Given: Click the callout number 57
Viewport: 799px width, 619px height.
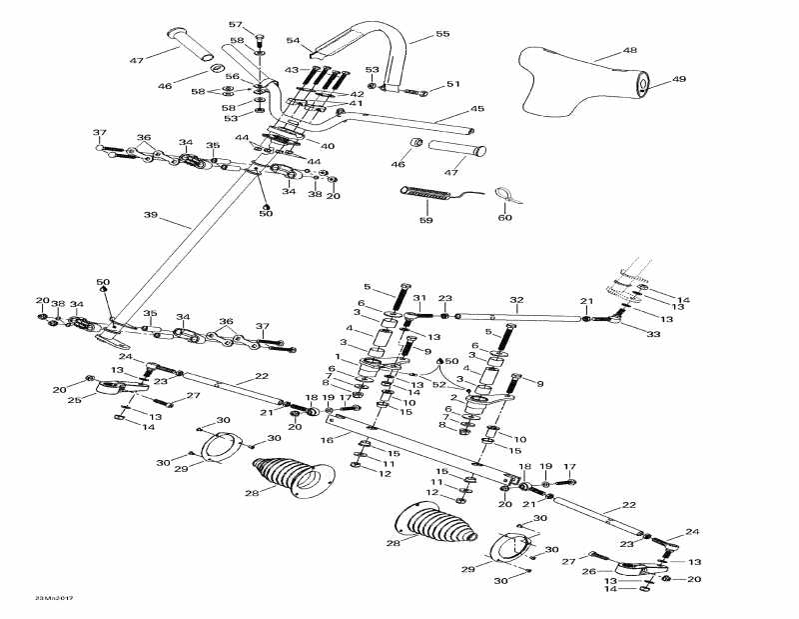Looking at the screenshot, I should (x=236, y=24).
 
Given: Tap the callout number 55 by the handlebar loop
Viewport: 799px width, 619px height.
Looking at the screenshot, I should (x=442, y=34).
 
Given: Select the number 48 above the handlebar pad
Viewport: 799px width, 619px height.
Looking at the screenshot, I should (x=629, y=49).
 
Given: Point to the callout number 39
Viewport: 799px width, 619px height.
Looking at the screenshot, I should (x=152, y=215).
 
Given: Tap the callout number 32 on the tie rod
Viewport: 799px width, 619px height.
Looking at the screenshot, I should (x=516, y=299).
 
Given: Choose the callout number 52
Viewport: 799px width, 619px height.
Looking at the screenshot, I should (x=438, y=385).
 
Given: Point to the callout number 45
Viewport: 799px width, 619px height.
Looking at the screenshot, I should (x=477, y=109).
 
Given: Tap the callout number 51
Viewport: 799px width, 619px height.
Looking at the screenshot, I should (x=453, y=84).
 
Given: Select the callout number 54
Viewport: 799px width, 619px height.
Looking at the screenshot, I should (x=294, y=41).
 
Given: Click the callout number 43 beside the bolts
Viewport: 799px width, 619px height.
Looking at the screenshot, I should (x=291, y=69).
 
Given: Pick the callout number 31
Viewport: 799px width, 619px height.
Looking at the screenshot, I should (x=419, y=297).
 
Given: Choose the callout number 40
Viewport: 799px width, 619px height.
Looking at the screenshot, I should (x=327, y=146).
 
